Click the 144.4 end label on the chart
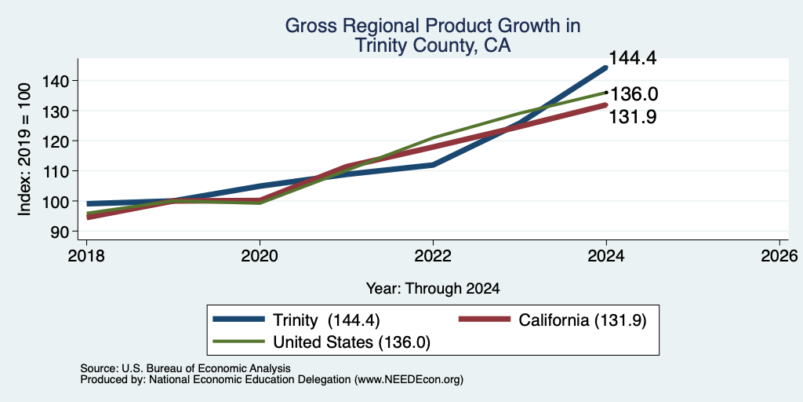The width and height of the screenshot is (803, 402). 633,58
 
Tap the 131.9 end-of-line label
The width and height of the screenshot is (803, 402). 633,118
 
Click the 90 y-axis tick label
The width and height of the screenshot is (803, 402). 61,232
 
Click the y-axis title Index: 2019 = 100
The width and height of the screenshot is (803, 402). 25,150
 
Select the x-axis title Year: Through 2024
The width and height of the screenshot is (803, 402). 433,289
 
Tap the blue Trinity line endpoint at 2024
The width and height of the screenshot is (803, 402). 606,68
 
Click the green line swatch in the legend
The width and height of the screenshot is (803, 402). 239,341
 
